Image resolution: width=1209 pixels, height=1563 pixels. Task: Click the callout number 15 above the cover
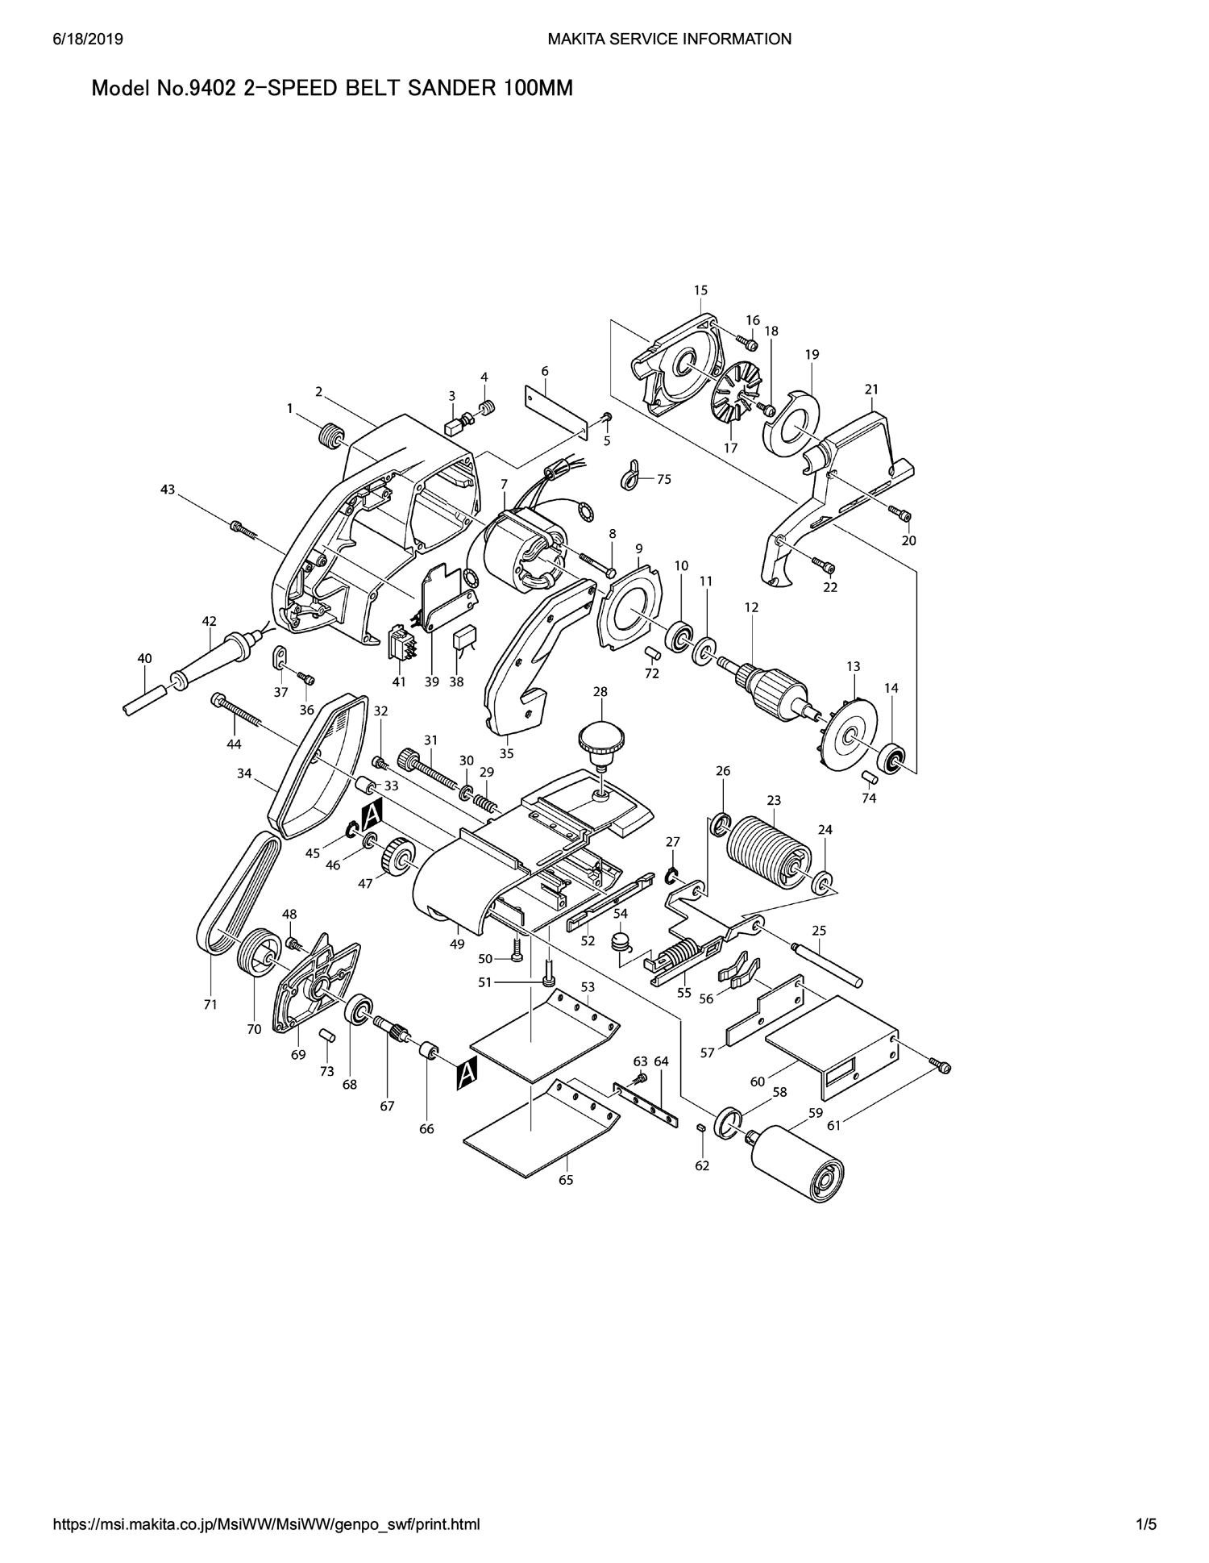(x=700, y=290)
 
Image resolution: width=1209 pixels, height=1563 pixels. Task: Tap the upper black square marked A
(x=372, y=816)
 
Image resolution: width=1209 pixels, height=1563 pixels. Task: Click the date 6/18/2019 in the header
(x=88, y=39)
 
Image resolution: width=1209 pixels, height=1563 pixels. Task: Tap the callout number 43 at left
(x=168, y=490)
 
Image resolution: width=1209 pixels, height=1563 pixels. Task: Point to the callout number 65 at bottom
(x=566, y=1180)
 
